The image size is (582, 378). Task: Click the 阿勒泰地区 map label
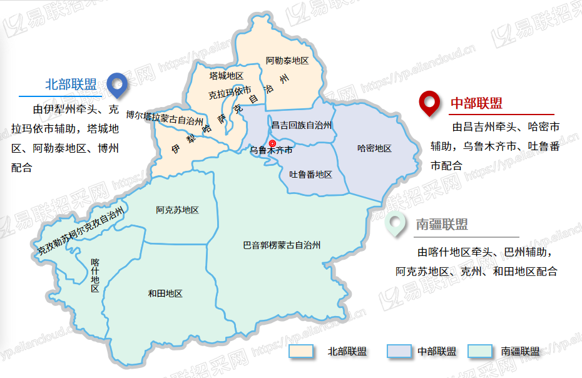[287, 61]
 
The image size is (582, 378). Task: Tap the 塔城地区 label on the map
[226, 76]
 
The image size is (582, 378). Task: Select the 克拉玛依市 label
[230, 93]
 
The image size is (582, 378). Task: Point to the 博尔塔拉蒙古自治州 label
[165, 117]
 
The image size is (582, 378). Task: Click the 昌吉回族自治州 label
[301, 126]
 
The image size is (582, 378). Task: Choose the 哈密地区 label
[374, 148]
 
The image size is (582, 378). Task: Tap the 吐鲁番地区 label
[310, 175]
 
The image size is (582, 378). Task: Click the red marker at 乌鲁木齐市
[272, 145]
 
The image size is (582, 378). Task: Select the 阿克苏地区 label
[177, 210]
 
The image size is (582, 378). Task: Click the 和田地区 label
[165, 294]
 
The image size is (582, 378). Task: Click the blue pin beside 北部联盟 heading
[116, 84]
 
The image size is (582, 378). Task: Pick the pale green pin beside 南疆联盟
[394, 223]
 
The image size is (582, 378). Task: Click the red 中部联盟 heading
[477, 103]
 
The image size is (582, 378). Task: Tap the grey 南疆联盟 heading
[442, 224]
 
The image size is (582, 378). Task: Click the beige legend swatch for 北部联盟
[300, 352]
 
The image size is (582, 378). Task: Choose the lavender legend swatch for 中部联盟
[399, 352]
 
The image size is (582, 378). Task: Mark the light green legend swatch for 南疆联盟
[481, 352]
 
